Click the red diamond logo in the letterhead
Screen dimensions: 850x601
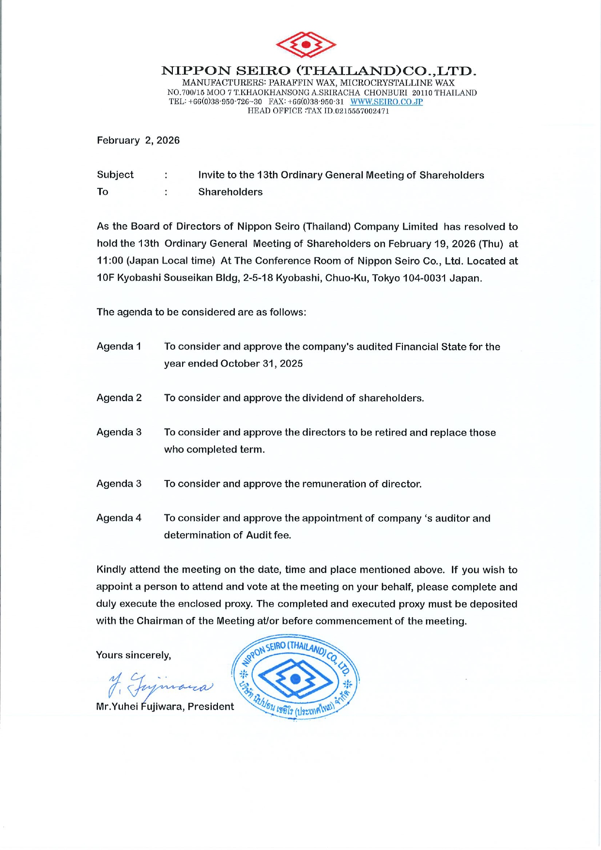306,45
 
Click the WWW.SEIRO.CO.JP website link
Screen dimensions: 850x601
386,102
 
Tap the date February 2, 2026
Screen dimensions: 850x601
138,140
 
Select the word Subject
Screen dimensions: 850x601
115,175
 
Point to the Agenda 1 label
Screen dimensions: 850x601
119,346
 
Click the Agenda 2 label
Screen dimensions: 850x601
119,398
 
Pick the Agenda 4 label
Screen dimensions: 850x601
119,518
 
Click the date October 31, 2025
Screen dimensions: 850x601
262,364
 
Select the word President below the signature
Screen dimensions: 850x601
211,707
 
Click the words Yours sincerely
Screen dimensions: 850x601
134,655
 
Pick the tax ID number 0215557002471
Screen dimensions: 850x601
362,111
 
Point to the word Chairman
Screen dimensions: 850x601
157,621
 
